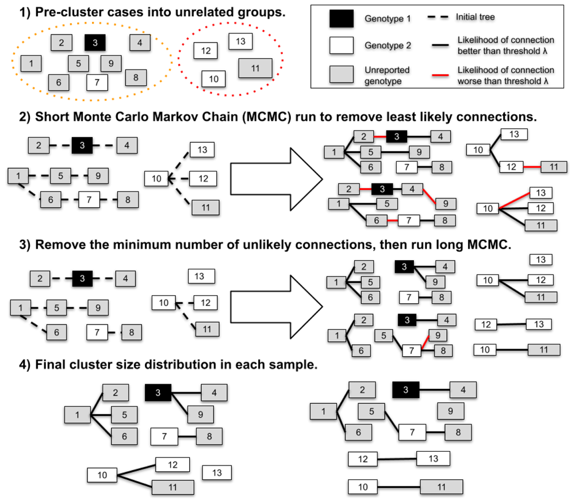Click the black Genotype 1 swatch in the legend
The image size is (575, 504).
point(341,19)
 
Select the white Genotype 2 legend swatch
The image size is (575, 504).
point(341,45)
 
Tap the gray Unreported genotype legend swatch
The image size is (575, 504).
point(341,74)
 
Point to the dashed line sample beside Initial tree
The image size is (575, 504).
point(438,17)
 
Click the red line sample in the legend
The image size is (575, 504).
point(440,75)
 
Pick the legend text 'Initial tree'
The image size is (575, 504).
point(475,17)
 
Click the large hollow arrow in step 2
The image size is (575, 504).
point(277,179)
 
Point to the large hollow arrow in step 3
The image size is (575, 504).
point(277,307)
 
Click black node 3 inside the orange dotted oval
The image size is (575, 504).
point(95,43)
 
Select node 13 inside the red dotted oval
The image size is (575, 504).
point(240,41)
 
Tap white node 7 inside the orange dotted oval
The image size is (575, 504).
point(97,82)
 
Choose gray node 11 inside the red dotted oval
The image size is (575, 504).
point(255,68)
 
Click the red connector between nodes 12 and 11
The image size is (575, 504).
point(532,167)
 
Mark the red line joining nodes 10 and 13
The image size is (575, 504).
point(515,201)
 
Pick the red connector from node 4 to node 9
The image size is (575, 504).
point(429,197)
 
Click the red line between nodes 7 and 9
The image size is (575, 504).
point(425,342)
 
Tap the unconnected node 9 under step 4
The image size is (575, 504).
point(451,411)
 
